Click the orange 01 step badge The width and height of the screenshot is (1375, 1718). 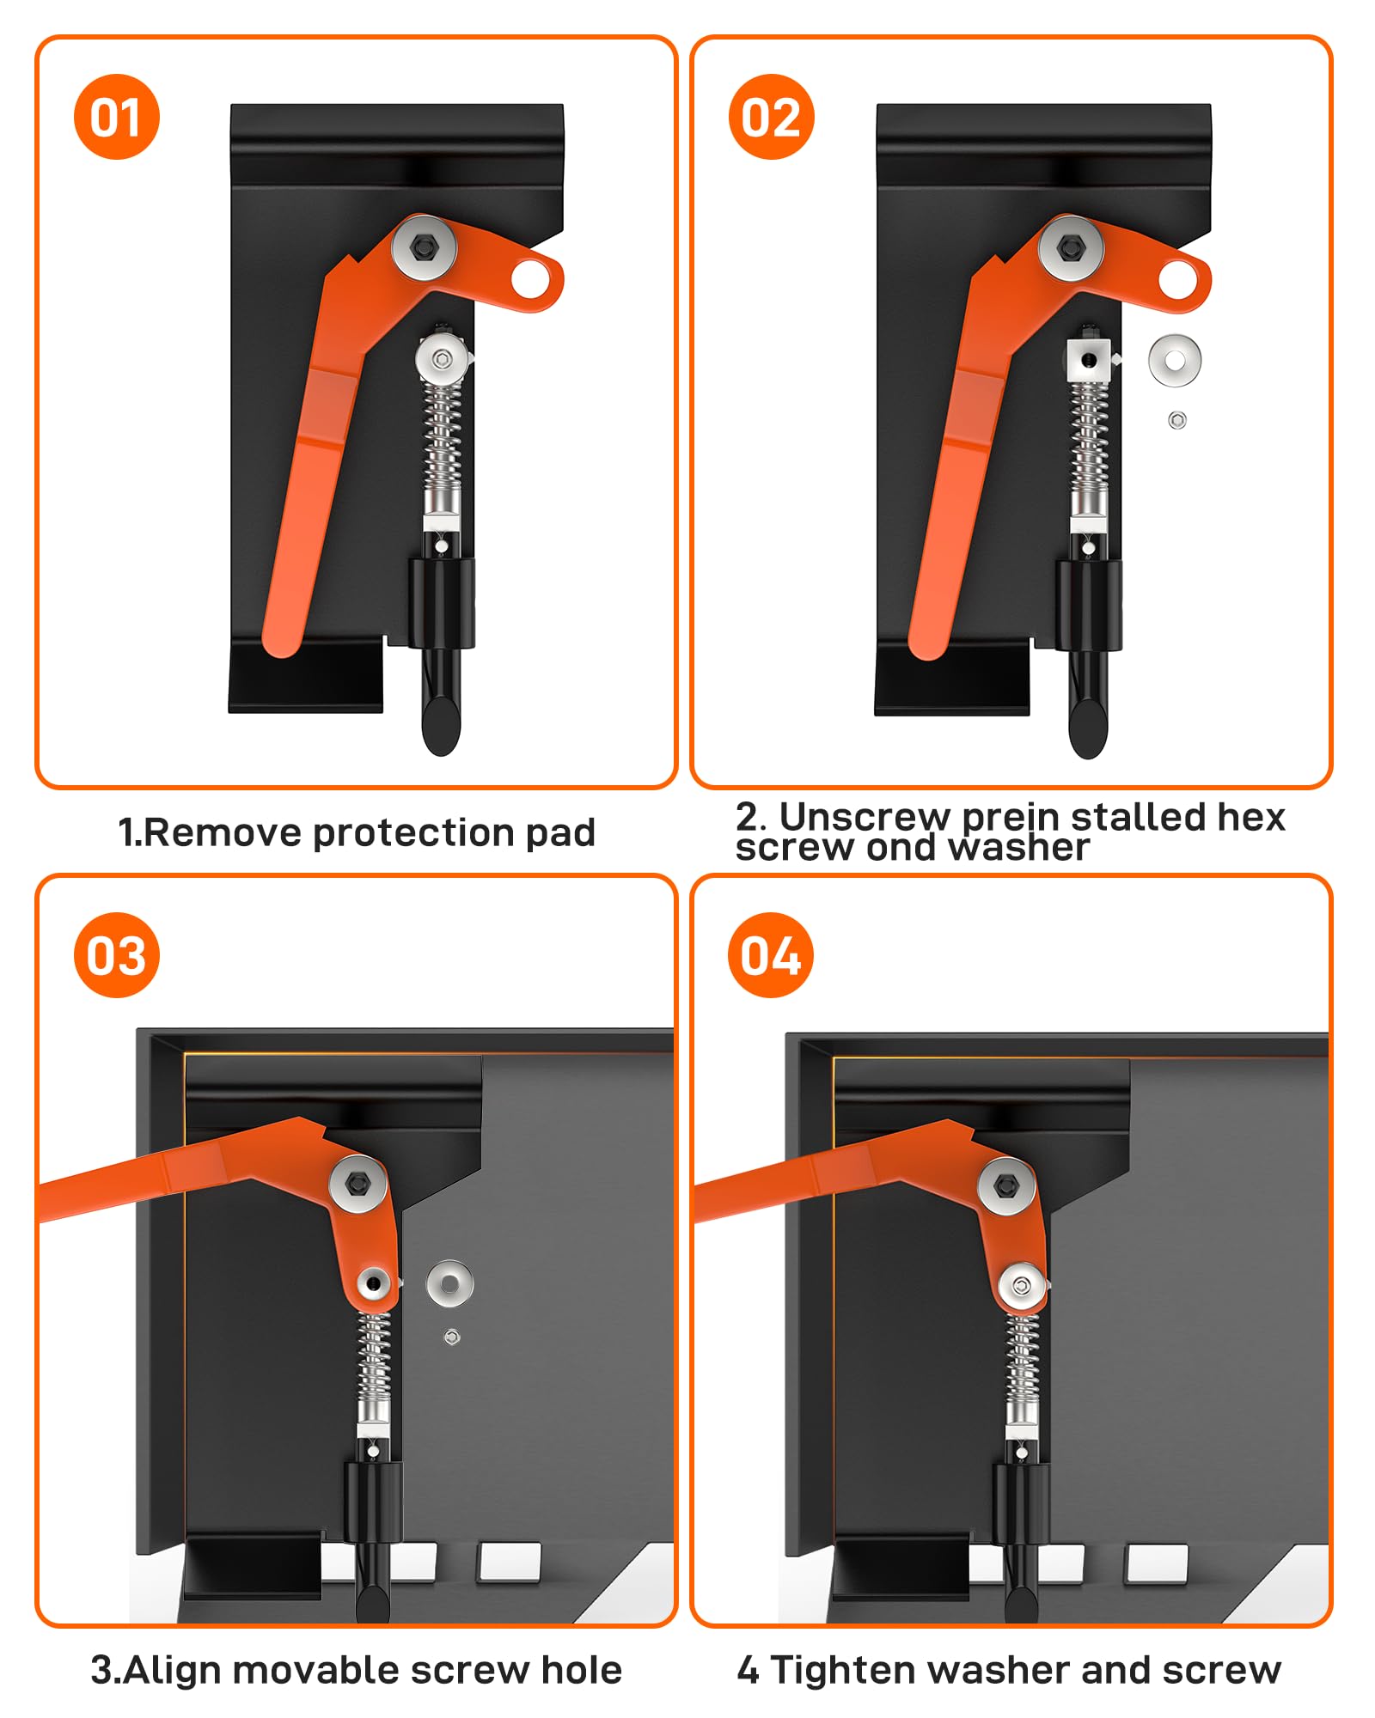click(x=117, y=117)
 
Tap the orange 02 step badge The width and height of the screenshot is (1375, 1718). click(x=771, y=117)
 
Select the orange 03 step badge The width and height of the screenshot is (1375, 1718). click(x=117, y=954)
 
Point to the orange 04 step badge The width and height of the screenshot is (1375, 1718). click(x=771, y=954)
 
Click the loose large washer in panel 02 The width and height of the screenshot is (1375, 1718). click(x=1174, y=359)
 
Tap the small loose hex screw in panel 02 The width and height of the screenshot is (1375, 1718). click(x=1177, y=420)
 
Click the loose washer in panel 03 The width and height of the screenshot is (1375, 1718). click(x=449, y=1283)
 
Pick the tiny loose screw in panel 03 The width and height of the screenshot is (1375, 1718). click(x=451, y=1337)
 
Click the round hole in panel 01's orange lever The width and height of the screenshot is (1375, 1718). click(x=531, y=278)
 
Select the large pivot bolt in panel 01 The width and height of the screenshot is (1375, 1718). click(x=424, y=247)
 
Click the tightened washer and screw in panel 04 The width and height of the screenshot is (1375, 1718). click(x=1022, y=1286)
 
